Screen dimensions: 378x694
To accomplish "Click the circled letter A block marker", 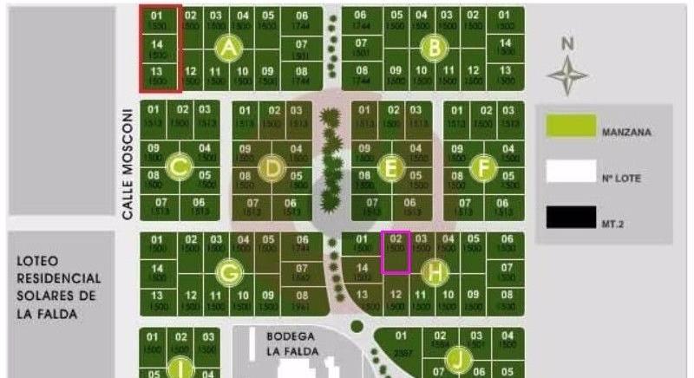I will [229, 49].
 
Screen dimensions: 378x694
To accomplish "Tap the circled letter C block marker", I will [180, 166].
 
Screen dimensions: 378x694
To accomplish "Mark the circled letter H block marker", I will [434, 273].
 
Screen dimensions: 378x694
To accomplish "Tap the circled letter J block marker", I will [457, 358].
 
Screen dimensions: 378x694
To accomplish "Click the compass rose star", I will [568, 75].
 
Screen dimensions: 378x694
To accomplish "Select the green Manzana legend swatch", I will [570, 127].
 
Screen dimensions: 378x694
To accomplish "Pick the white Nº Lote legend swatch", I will [570, 171].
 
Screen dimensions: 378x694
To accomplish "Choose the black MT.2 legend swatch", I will [570, 216].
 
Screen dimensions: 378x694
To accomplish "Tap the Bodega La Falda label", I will [290, 344].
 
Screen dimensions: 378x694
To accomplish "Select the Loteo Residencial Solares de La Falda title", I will [58, 287].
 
